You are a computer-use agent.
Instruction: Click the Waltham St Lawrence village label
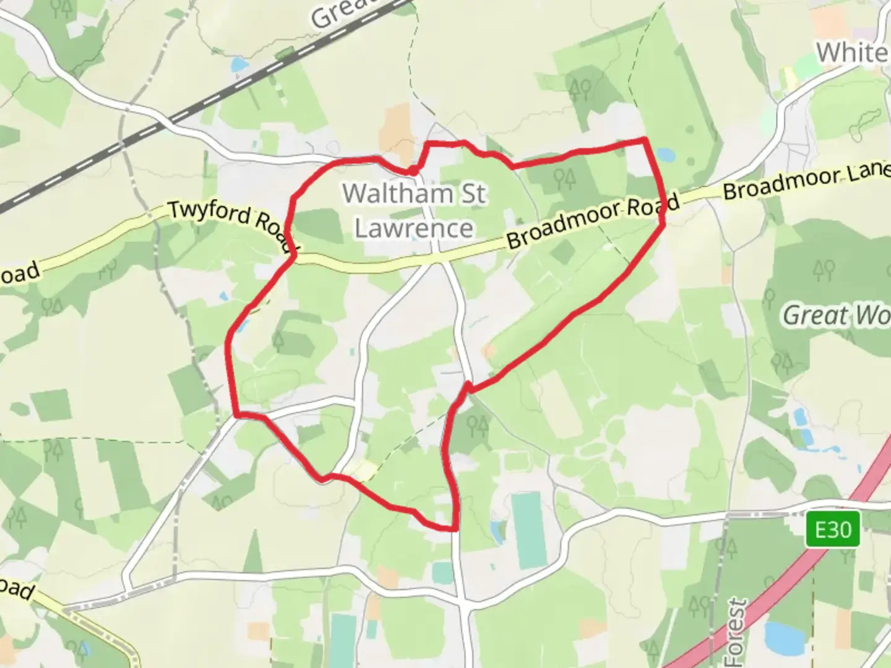(414, 210)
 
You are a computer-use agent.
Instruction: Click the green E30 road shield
(832, 530)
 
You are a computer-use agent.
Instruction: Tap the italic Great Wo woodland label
(836, 316)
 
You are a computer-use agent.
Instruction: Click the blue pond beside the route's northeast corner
(665, 153)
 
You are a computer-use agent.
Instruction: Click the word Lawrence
(414, 228)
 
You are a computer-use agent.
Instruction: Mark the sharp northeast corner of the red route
(645, 140)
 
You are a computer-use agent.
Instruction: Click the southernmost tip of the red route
(454, 529)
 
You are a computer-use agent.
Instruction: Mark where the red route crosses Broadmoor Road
(663, 213)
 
